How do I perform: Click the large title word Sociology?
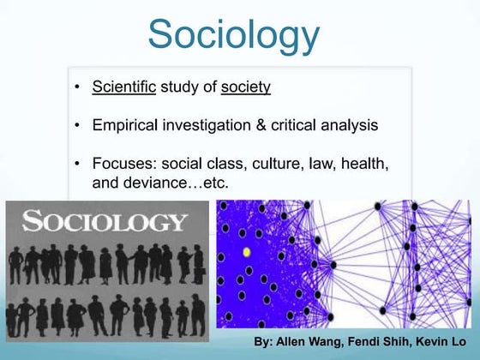click(x=233, y=34)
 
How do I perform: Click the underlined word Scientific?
click(x=123, y=87)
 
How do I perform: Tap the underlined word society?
click(x=245, y=87)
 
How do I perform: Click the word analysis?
click(x=347, y=125)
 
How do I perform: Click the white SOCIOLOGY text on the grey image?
click(x=105, y=222)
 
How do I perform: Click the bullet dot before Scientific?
click(x=78, y=87)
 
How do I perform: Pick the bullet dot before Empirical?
click(x=78, y=126)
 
